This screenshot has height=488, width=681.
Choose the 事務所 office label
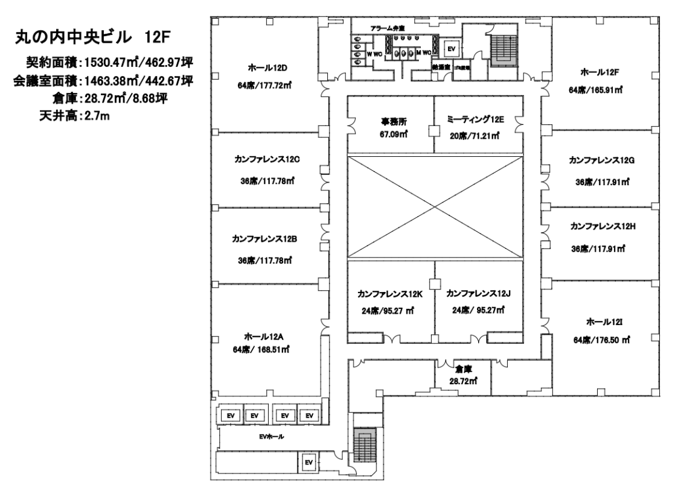click(x=389, y=121)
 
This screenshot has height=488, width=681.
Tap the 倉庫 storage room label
click(x=464, y=369)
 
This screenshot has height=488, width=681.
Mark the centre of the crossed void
click(x=435, y=206)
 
